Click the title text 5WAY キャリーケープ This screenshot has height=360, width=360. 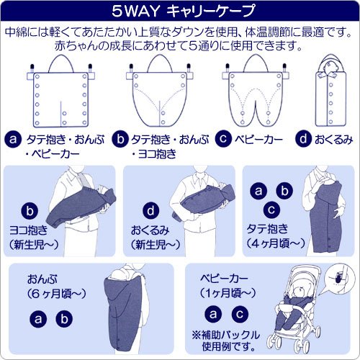[x=183, y=11]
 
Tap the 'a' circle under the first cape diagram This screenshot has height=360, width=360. [x=13, y=140]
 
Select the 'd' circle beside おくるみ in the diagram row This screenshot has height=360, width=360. [x=303, y=139]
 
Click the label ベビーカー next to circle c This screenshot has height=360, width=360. [x=258, y=139]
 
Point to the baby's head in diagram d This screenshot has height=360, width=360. [x=331, y=67]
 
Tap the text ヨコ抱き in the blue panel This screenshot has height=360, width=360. [x=28, y=230]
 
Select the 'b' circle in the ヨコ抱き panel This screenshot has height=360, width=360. [x=30, y=211]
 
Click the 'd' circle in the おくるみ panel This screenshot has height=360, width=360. [x=150, y=210]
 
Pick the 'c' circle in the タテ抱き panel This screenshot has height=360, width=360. [x=271, y=210]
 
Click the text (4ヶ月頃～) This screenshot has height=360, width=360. [x=276, y=243]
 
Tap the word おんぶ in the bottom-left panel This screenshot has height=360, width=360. [x=42, y=279]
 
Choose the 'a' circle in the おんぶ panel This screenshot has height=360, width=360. [x=38, y=319]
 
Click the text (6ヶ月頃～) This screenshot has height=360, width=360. [x=57, y=294]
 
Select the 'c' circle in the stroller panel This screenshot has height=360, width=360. [x=240, y=314]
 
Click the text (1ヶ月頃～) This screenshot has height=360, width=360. [x=228, y=293]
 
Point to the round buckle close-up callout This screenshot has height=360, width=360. [x=339, y=279]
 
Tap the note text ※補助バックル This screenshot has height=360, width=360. [x=226, y=335]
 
